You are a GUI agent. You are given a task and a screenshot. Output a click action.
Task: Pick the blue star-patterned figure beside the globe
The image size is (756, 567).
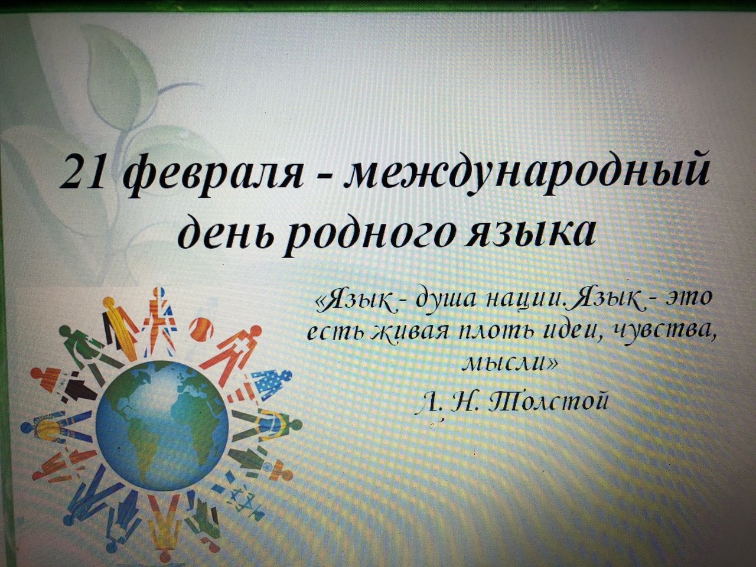[x=271, y=382]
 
